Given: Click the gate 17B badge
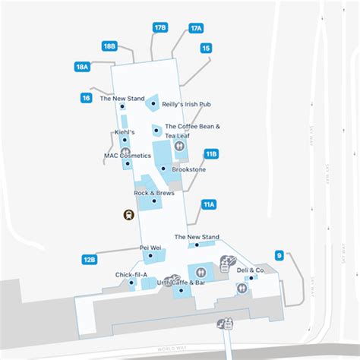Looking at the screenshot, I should (x=159, y=27).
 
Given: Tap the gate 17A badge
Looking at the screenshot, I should (x=196, y=28).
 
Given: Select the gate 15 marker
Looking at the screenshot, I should (x=206, y=48).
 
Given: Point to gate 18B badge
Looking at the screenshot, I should (x=109, y=46).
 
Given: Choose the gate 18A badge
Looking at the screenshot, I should (x=83, y=67).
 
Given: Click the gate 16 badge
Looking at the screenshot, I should (x=87, y=97).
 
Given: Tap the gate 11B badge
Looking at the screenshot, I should (x=211, y=153).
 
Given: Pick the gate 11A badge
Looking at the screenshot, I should (x=209, y=204).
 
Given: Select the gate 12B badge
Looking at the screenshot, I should (x=90, y=260).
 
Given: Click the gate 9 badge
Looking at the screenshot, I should (x=279, y=255).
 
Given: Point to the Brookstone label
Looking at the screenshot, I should (x=188, y=169).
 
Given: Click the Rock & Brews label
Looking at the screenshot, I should (x=150, y=193).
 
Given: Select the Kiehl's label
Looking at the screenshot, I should (x=124, y=132).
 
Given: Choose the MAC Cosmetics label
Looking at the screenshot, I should (x=128, y=156).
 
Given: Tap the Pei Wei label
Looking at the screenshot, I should (x=150, y=248).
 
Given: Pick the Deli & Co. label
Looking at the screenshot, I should (x=251, y=270).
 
